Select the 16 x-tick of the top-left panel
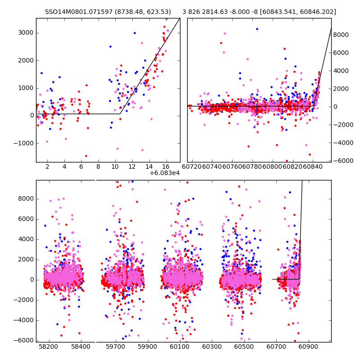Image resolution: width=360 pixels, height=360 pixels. (166, 166)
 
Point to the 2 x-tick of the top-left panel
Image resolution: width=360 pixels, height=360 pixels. (47, 166)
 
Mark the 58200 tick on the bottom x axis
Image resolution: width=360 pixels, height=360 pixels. (48, 347)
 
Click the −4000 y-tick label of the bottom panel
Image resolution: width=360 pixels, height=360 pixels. (23, 320)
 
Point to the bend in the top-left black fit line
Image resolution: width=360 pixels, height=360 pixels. (120, 113)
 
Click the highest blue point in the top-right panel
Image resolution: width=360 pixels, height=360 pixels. (257, 29)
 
